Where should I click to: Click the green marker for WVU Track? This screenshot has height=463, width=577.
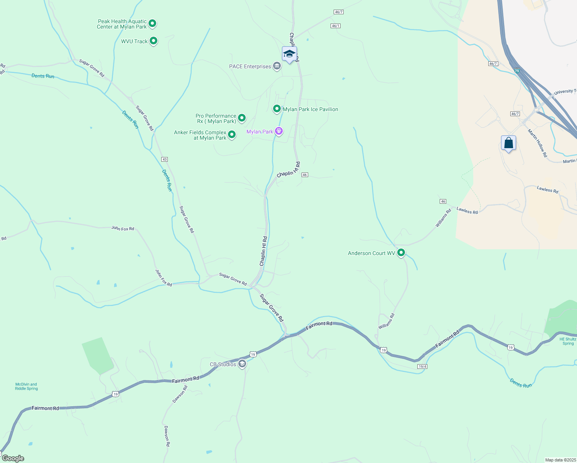(x=154, y=41)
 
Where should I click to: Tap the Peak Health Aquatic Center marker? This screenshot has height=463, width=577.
(x=152, y=24)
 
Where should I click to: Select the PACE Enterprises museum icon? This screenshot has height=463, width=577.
(x=277, y=66)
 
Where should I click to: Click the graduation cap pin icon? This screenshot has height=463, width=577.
(x=289, y=54)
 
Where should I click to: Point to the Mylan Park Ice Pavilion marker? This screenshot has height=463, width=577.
(x=277, y=109)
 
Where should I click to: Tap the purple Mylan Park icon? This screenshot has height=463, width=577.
(x=279, y=131)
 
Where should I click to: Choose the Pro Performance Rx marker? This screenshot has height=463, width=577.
(x=242, y=118)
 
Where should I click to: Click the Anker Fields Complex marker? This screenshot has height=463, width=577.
(x=232, y=134)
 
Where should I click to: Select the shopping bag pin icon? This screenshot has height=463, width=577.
(x=509, y=143)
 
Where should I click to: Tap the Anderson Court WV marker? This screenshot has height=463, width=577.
(x=401, y=253)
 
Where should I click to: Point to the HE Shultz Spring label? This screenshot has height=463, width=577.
(x=568, y=341)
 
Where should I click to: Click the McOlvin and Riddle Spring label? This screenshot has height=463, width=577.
(x=26, y=386)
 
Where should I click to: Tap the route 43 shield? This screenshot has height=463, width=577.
(x=165, y=159)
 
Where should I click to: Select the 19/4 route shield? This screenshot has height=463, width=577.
(x=422, y=367)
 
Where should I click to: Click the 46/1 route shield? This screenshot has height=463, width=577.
(x=336, y=26)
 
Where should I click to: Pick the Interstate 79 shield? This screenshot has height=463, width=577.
(x=517, y=71)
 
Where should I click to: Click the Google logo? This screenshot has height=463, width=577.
(x=13, y=458)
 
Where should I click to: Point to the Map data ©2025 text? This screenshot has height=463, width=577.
(x=560, y=460)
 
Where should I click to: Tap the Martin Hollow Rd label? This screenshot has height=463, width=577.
(x=537, y=143)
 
